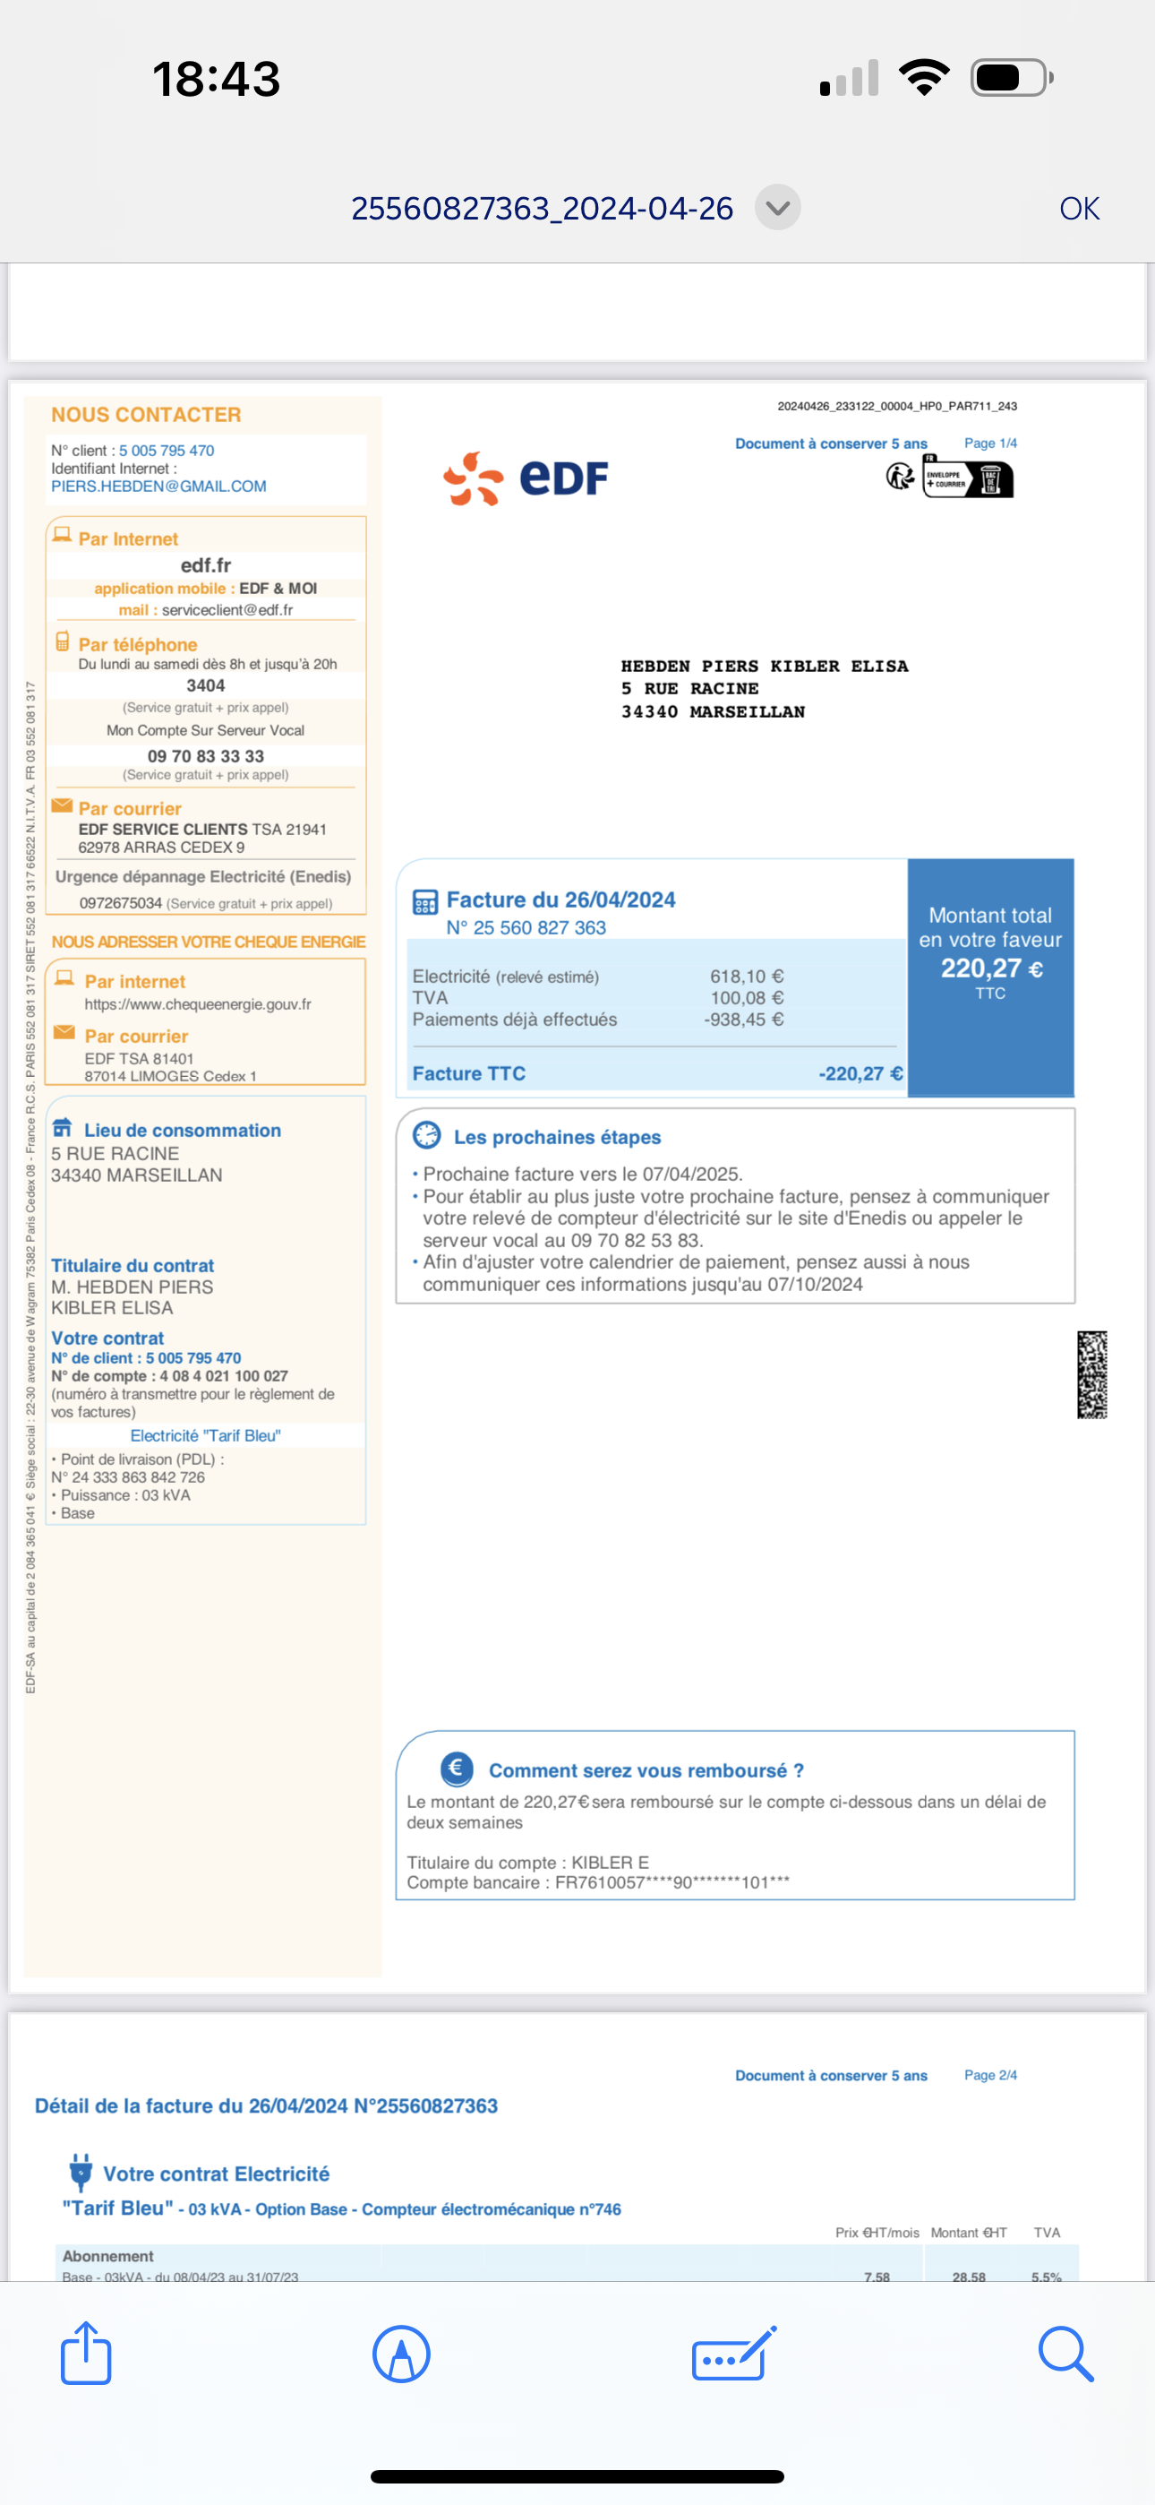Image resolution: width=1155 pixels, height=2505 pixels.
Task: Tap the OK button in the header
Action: click(x=1078, y=208)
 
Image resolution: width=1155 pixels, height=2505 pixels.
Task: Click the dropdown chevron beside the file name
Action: click(x=778, y=207)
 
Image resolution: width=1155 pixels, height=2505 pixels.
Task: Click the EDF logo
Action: click(x=526, y=478)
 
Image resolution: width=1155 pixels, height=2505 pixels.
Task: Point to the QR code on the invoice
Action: click(x=1091, y=1374)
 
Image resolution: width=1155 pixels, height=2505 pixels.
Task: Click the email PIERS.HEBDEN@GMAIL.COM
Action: click(x=158, y=486)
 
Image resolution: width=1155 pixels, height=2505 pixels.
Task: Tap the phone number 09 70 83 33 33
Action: click(x=205, y=755)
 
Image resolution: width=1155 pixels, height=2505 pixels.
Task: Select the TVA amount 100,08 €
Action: click(x=747, y=998)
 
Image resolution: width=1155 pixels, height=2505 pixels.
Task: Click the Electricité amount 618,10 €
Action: click(x=747, y=977)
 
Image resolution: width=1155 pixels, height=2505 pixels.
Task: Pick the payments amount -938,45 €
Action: click(x=744, y=1020)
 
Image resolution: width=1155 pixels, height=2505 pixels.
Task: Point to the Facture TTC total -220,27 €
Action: click(x=860, y=1073)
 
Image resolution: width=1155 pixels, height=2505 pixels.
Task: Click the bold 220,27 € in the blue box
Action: click(x=990, y=968)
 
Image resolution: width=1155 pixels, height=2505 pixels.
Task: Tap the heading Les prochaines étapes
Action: click(x=557, y=1137)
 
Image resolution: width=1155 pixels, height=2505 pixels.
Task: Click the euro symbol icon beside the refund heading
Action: click(x=457, y=1769)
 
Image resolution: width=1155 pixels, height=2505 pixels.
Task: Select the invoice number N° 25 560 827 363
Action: click(x=526, y=927)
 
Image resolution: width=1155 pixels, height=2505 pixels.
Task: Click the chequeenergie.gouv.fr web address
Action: click(x=197, y=1004)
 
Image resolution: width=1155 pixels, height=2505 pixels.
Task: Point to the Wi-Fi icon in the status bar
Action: click(x=924, y=78)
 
